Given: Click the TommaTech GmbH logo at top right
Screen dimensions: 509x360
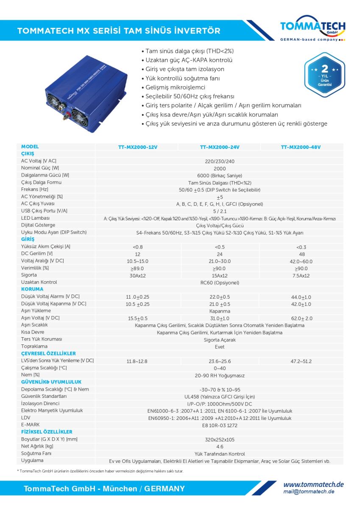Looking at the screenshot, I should point(313,30).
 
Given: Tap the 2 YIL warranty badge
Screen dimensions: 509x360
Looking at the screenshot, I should point(324,75).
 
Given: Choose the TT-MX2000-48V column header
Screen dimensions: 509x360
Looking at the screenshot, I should point(301,147).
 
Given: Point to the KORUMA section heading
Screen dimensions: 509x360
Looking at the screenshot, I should point(32,289).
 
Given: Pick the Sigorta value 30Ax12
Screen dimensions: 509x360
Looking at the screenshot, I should point(138,276).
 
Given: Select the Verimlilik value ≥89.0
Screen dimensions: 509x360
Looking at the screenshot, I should point(138,268).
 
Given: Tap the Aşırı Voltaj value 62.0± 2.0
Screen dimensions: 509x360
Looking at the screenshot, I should point(301,318).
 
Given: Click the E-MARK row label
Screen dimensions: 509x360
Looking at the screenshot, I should point(31,425).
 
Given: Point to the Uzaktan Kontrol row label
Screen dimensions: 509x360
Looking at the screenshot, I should point(39,282).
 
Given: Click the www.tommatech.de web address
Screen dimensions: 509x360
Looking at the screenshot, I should point(313,484).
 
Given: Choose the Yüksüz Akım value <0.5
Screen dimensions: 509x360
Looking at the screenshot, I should point(220,247).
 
